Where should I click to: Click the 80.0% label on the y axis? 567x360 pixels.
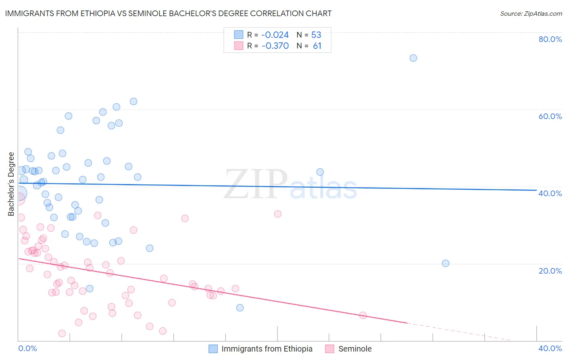click(x=550, y=39)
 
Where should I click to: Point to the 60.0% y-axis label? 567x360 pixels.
click(x=550, y=116)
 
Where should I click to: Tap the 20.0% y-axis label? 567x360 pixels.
click(x=550, y=270)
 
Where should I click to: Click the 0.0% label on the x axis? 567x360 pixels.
click(x=27, y=348)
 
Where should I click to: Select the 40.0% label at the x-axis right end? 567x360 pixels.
click(x=550, y=348)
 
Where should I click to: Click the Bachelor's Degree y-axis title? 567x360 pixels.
click(x=11, y=184)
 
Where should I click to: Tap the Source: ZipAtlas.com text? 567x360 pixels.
click(x=531, y=13)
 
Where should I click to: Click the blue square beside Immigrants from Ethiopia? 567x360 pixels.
click(x=213, y=349)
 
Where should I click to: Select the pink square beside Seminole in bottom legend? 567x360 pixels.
click(x=330, y=349)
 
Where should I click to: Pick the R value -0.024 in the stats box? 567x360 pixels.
click(x=275, y=35)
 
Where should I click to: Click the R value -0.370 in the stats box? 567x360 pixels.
click(x=275, y=46)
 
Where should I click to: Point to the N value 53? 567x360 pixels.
click(x=316, y=35)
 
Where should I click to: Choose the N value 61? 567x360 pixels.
click(x=317, y=46)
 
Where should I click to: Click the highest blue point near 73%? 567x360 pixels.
click(x=413, y=58)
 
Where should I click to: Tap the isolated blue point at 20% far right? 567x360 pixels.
click(x=446, y=263)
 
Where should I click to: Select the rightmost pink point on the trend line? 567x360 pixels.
click(x=363, y=315)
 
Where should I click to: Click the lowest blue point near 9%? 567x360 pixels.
click(x=240, y=308)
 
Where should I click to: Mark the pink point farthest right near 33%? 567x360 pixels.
click(x=277, y=214)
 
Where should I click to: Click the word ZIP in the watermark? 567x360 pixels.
click(x=256, y=184)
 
